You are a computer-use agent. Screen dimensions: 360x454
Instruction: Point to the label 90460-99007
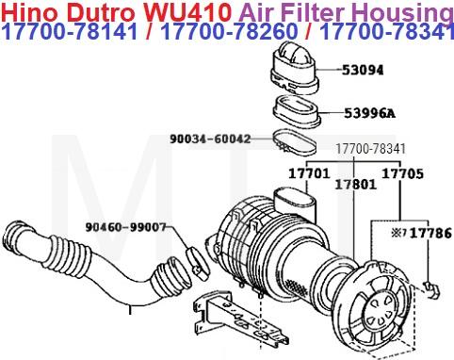pos(124,226)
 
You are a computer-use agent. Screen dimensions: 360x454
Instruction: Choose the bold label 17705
pos(402,174)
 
